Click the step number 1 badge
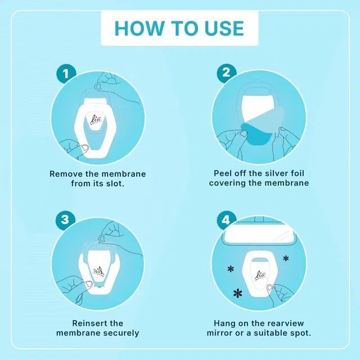pyautogui.click(x=66, y=74)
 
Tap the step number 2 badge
pyautogui.click(x=226, y=73)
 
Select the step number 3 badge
pyautogui.click(x=65, y=220)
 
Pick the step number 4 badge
pyautogui.click(x=226, y=220)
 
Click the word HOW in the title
pyautogui.click(x=140, y=29)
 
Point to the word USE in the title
pyautogui.click(x=224, y=29)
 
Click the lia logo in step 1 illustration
pyautogui.click(x=96, y=120)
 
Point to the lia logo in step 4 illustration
pyautogui.click(x=260, y=275)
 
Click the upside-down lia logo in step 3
pyautogui.click(x=98, y=272)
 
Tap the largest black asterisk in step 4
pyautogui.click(x=238, y=293)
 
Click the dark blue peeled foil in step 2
pyautogui.click(x=256, y=134)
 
